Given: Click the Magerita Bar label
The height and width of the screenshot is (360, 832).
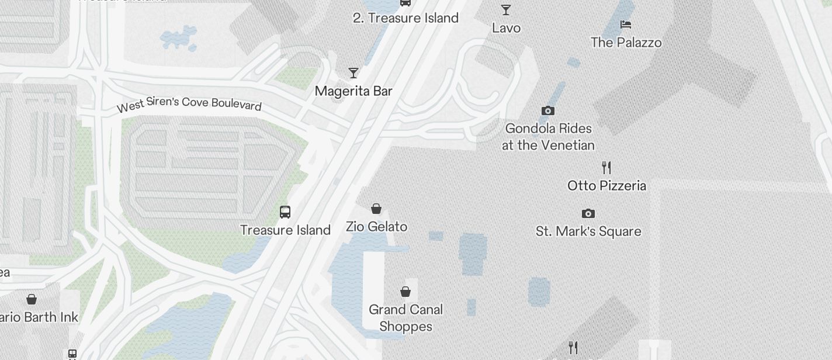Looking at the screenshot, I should [353, 91].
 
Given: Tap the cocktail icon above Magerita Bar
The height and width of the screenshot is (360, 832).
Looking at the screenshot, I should [353, 73].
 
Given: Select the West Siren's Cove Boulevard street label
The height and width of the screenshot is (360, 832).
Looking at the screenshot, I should [189, 104].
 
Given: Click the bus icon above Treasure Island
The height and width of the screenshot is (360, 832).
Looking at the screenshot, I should [285, 212].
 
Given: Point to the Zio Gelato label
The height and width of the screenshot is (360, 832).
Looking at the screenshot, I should [377, 226].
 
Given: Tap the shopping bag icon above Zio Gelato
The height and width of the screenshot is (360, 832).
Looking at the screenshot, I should [377, 209].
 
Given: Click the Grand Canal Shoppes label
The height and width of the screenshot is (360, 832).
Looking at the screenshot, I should [405, 318].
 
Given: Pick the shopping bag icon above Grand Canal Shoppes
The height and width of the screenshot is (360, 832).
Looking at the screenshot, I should [405, 292].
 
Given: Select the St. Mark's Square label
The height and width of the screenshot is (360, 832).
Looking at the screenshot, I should [588, 231].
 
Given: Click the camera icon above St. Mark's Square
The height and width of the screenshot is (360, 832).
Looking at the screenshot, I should [588, 214].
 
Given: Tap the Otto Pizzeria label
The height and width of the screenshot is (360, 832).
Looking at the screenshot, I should [606, 186].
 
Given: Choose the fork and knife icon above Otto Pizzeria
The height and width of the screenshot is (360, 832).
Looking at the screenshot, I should [606, 168].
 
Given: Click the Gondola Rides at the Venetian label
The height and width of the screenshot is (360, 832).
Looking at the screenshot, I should [548, 137].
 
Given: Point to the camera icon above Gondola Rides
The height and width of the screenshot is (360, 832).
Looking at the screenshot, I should [548, 111].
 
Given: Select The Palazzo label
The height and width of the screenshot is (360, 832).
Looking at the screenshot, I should [626, 43].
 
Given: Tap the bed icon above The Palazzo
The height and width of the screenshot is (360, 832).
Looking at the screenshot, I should [626, 25].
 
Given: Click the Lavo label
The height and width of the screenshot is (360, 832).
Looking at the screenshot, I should [506, 28].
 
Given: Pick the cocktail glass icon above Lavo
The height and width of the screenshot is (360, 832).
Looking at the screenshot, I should [506, 10].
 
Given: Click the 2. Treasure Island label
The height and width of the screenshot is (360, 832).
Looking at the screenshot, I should [405, 18].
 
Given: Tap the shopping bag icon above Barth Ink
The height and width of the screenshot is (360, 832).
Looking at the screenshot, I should [32, 300].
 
